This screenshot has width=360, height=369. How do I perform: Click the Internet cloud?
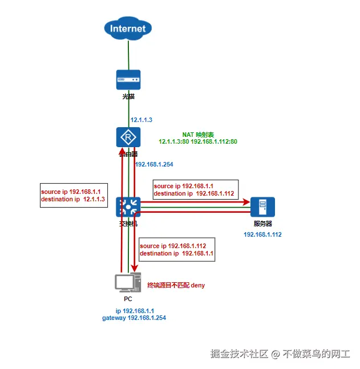tap(128, 28)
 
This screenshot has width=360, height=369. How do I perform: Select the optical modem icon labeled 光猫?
tap(128, 80)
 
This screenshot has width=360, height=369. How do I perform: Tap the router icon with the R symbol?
tap(128, 137)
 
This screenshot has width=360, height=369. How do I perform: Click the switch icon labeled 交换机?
tap(128, 206)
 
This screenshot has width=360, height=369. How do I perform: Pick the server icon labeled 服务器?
tap(262, 206)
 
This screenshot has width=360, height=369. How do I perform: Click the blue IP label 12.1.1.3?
tap(141, 120)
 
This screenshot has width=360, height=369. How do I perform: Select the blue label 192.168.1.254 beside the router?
tap(153, 164)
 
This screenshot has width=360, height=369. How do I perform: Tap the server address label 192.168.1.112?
tap(262, 234)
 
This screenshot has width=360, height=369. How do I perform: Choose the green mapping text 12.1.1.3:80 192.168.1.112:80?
tap(198, 141)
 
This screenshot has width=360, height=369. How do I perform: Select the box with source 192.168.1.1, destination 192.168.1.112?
tap(195, 190)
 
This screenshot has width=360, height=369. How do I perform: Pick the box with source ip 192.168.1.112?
tap(176, 249)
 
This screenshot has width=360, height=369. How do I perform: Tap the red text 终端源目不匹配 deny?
tap(176, 285)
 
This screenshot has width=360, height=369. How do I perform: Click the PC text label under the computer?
tap(128, 298)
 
